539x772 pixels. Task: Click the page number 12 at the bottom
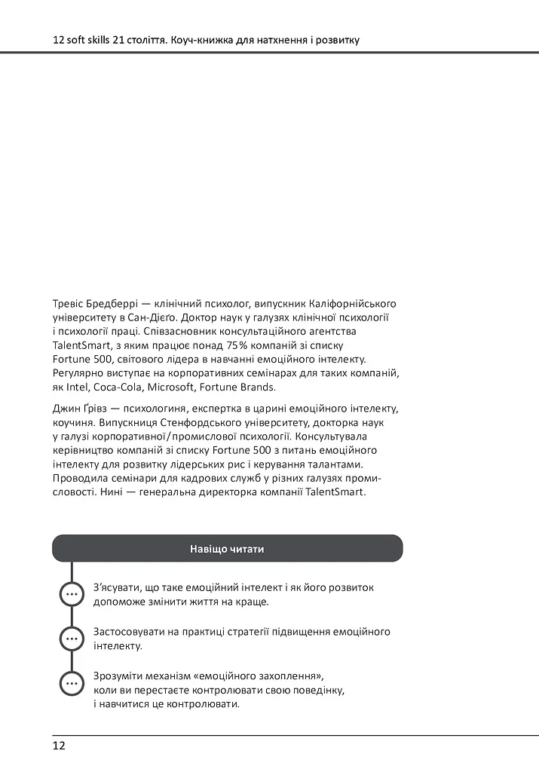(59, 746)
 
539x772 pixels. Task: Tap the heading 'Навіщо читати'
(227, 549)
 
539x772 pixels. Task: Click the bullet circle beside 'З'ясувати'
(72, 594)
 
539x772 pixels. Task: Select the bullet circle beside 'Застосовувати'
(72, 639)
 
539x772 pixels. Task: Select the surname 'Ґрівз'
(98, 409)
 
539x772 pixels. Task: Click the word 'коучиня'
(72, 423)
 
